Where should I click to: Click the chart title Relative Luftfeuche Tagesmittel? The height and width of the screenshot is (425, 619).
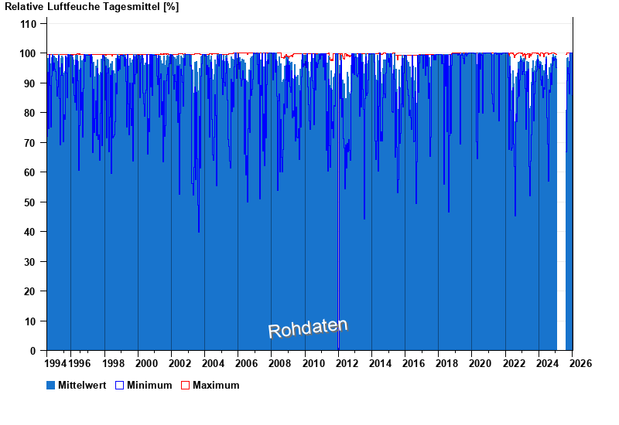(x=91, y=7)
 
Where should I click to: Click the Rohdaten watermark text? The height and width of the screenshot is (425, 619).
(x=307, y=328)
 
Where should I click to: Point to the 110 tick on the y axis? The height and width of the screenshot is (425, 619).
(x=29, y=24)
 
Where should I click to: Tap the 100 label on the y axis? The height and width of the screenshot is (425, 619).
(x=29, y=53)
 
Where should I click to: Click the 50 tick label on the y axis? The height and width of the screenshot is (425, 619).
(x=31, y=202)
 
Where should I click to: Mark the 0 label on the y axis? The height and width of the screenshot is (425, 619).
(x=34, y=351)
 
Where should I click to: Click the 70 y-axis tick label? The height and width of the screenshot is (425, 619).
(x=31, y=143)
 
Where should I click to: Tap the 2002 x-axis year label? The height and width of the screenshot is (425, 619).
(x=180, y=363)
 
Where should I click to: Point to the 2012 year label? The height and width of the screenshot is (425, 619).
(x=347, y=363)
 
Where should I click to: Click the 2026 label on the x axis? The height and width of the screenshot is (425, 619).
(x=581, y=363)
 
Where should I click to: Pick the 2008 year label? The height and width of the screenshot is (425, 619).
(x=280, y=363)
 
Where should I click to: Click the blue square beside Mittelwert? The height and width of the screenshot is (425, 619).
(x=51, y=385)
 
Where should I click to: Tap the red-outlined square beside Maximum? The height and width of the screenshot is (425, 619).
(x=185, y=385)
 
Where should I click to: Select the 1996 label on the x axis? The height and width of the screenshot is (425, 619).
(x=80, y=363)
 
